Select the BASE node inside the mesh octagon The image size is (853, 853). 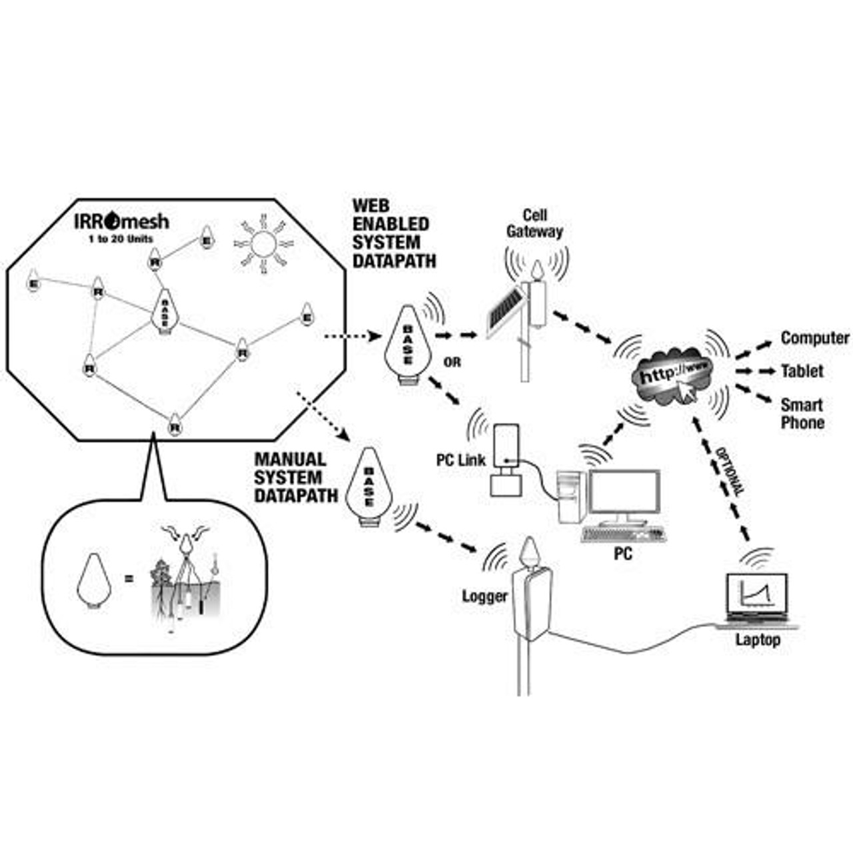pyautogui.click(x=164, y=310)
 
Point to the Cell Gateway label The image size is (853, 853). pyautogui.click(x=534, y=223)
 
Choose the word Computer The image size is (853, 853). pyautogui.click(x=814, y=339)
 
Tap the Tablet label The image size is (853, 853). pyautogui.click(x=802, y=371)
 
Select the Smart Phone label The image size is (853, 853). pyautogui.click(x=802, y=413)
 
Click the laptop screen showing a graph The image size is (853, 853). pyautogui.click(x=757, y=592)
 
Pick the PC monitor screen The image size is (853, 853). pyautogui.click(x=624, y=494)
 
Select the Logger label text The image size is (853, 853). pyautogui.click(x=484, y=596)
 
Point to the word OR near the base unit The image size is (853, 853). pyautogui.click(x=452, y=363)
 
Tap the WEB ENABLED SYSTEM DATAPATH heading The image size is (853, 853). pyautogui.click(x=393, y=233)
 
